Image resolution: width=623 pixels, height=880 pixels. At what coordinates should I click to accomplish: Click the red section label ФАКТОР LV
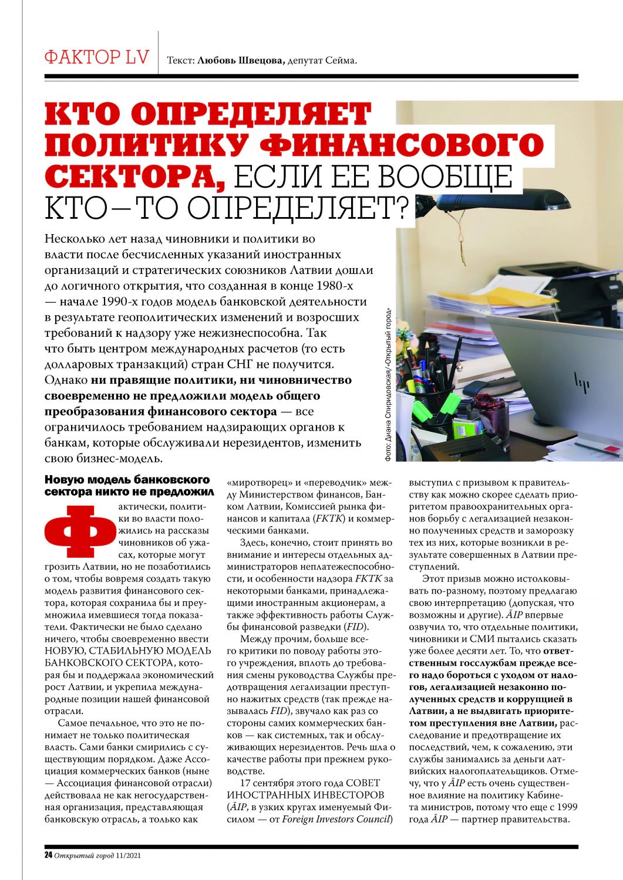(x=97, y=57)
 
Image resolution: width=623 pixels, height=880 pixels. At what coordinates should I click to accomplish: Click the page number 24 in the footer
(x=49, y=855)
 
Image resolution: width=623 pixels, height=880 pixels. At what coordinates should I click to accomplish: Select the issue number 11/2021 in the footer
(x=129, y=855)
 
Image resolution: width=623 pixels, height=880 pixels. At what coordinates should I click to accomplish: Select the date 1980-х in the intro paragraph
(x=332, y=286)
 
